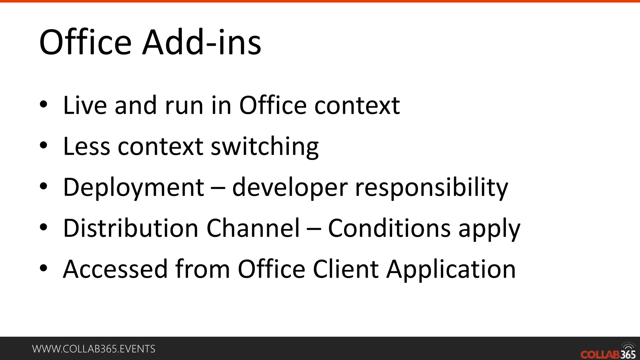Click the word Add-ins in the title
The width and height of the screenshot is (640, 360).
pyautogui.click(x=202, y=42)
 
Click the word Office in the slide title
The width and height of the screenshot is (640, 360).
pyautogui.click(x=85, y=42)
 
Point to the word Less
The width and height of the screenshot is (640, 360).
pyautogui.click(x=87, y=146)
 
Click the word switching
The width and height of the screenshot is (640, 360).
pyautogui.click(x=265, y=146)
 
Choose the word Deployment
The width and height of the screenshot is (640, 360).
pyautogui.click(x=134, y=187)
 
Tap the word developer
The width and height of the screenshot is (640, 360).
pyautogui.click(x=290, y=187)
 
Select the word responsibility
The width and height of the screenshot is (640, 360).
pyautogui.click(x=432, y=187)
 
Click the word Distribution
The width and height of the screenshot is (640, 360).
pyautogui.click(x=131, y=228)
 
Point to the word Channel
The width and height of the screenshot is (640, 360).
pyautogui.click(x=253, y=228)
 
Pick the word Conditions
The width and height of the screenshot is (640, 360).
pyautogui.click(x=389, y=228)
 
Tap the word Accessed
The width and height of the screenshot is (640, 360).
pyautogui.click(x=115, y=269)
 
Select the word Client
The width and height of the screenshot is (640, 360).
pyautogui.click(x=346, y=269)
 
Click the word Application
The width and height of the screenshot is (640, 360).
pyautogui.click(x=451, y=269)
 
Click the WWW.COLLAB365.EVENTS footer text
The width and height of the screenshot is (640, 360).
pyautogui.click(x=94, y=349)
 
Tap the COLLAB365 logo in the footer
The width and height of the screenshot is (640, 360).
pyautogui.click(x=608, y=352)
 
